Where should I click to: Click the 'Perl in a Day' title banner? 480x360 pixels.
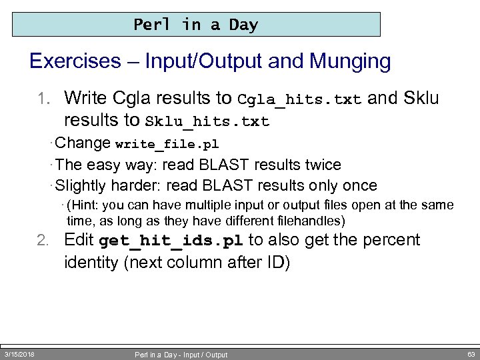tap(196, 25)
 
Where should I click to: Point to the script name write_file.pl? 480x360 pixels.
tap(167, 144)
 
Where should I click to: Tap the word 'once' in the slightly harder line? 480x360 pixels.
tap(359, 185)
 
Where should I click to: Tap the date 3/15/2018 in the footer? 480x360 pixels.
tap(20, 354)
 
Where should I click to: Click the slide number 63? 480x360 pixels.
tap(471, 354)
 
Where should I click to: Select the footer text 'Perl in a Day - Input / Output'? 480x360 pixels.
tap(181, 355)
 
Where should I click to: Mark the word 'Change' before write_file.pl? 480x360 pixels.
tap(83, 143)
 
